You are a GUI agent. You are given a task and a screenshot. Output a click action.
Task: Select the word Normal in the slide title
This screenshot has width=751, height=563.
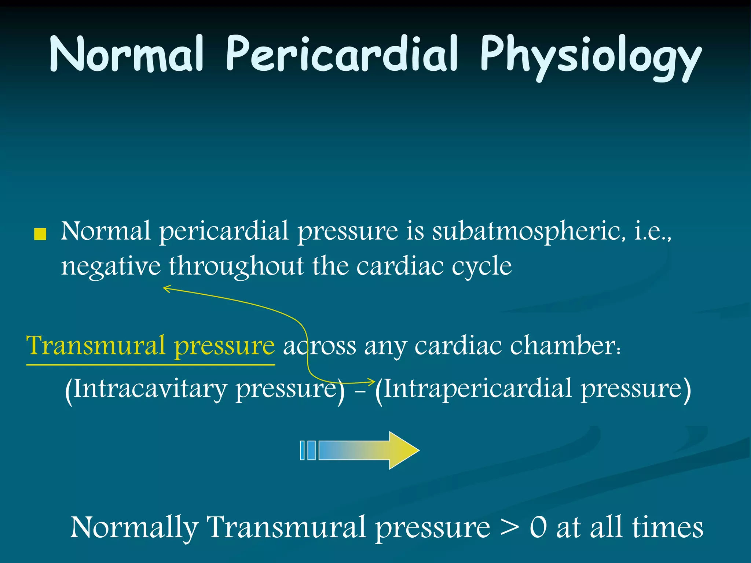click(127, 55)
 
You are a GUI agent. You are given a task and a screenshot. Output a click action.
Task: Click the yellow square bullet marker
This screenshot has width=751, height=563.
click(40, 235)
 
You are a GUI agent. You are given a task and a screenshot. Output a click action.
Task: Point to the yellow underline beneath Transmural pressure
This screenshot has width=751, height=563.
click(150, 365)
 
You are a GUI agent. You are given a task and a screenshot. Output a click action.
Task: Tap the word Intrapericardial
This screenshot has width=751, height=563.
click(477, 389)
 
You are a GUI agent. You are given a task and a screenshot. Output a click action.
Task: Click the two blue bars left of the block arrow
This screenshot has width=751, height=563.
click(307, 450)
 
